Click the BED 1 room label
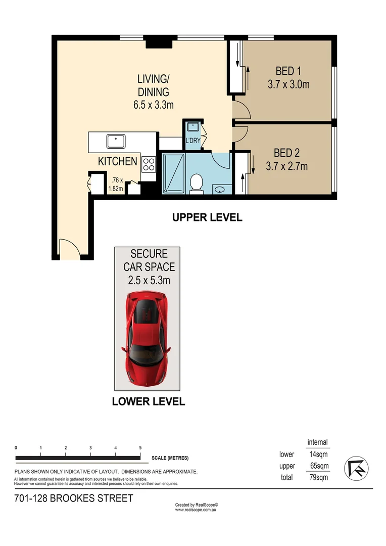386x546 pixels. coord(288,71)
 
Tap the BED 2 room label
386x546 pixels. coord(287,152)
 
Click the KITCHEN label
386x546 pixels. coord(117,161)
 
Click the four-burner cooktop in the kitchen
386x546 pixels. coord(149,164)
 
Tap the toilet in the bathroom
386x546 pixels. coord(196,183)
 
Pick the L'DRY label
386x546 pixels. coord(192,141)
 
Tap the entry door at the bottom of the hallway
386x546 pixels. coord(68,249)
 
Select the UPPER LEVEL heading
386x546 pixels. coord(207,218)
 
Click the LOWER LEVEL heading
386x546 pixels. coord(148,402)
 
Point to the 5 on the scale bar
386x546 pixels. coord(140,448)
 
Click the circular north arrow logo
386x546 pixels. coord(356,468)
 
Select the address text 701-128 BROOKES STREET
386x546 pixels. coord(74,498)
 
